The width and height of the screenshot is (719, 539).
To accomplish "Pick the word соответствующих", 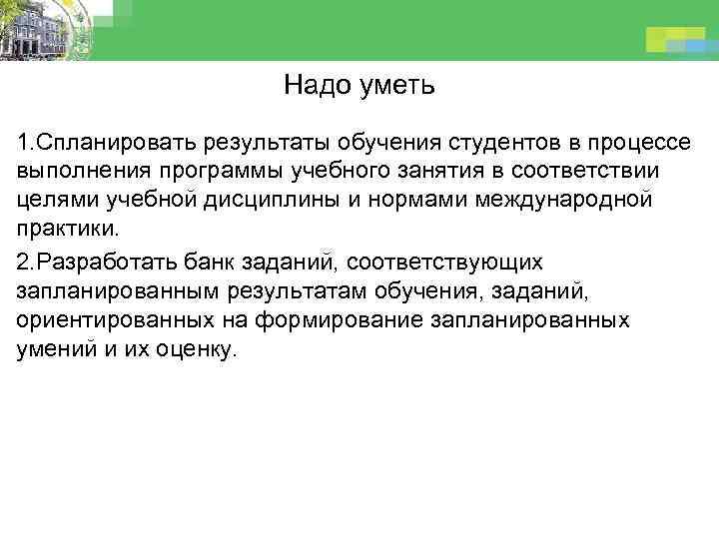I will pos(439,262).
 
